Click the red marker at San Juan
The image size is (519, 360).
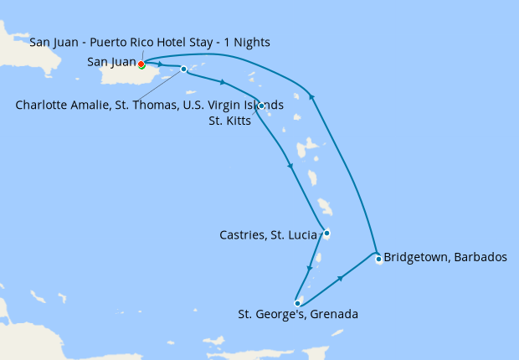coord(141,64)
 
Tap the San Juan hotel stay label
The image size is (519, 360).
coord(149,43)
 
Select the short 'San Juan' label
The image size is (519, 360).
coord(110,62)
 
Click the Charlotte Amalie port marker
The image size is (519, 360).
coord(183,69)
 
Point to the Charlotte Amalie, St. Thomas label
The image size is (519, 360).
coord(149,105)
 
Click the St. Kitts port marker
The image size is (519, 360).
coord(262,105)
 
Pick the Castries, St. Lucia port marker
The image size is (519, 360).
coord(326,233)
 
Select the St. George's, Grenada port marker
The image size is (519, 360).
coord(297,303)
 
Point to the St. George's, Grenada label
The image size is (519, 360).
coord(298,316)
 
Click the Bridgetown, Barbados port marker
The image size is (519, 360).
coord(378,259)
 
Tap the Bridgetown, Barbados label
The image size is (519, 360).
coord(444,257)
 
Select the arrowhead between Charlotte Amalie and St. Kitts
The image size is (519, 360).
coord(223,82)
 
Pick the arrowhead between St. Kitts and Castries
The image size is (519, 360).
coord(291,167)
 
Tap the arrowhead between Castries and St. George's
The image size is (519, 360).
coord(310,270)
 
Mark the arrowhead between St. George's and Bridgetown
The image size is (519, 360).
coord(341,278)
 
